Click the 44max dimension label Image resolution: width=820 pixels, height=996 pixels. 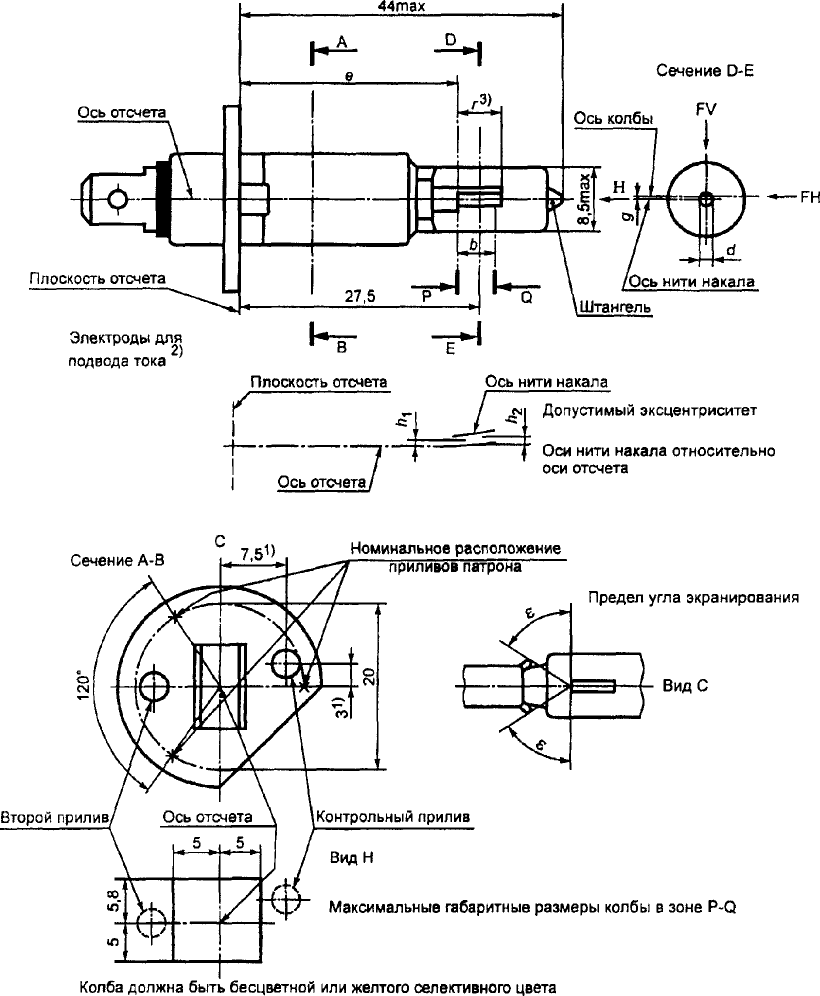coord(402,6)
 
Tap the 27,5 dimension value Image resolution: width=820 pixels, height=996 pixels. coord(360,296)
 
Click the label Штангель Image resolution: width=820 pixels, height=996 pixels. coord(615,306)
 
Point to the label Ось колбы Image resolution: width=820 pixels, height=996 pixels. coord(613,119)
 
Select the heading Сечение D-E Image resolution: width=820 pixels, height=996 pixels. coord(705,71)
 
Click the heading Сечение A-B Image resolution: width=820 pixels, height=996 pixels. coord(117,560)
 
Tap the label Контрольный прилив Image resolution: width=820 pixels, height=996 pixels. coord(393,816)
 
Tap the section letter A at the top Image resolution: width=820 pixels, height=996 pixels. coord(341,42)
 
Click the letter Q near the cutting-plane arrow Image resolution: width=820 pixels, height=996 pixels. coord(527,297)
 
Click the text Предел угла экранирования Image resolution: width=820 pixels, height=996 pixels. coord(693,597)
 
